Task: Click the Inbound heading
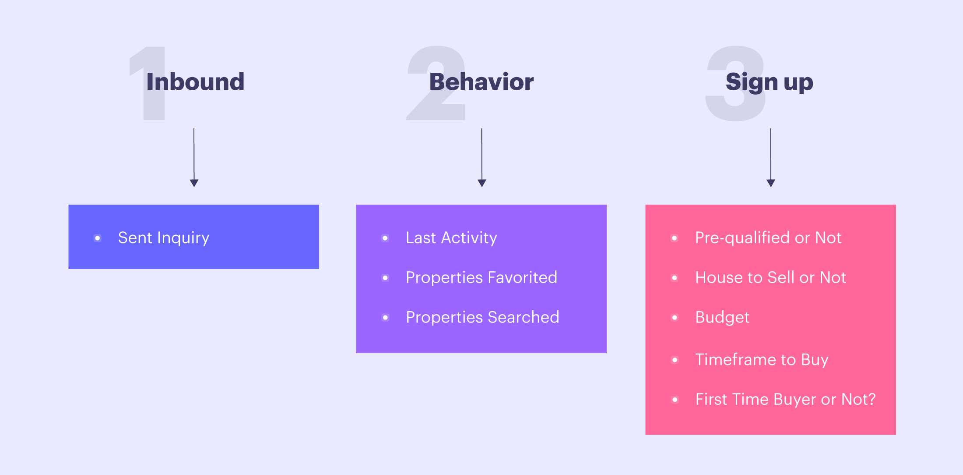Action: tap(195, 82)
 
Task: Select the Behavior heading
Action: tap(481, 82)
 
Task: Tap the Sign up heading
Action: tap(770, 82)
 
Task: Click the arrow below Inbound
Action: tap(194, 158)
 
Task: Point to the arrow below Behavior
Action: tap(482, 158)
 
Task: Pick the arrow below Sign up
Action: tap(771, 158)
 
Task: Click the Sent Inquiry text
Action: tap(164, 238)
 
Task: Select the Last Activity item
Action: tap(451, 238)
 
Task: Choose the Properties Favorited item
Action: tap(481, 278)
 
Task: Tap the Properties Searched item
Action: tap(482, 318)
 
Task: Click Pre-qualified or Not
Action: tap(768, 238)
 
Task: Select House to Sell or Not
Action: tap(770, 278)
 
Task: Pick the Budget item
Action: tap(722, 318)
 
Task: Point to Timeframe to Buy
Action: tap(762, 360)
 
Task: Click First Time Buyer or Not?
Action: tap(785, 400)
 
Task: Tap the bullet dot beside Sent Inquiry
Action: tap(98, 238)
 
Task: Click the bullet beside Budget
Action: tap(675, 318)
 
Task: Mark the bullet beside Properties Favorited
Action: tap(385, 278)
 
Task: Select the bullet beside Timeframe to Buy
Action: tap(675, 360)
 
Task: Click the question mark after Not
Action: tap(872, 399)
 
